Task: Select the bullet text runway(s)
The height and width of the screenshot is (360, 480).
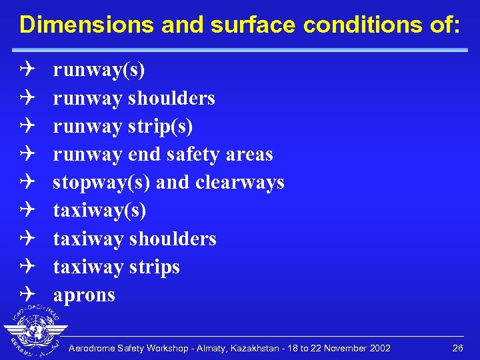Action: [99, 70]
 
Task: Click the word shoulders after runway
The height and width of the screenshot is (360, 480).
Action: [171, 98]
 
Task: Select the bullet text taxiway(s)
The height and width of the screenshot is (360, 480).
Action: [99, 211]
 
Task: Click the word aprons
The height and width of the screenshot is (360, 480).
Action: [84, 295]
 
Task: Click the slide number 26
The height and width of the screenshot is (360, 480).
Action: [457, 349]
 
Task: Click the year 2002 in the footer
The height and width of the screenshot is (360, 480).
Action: [379, 349]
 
